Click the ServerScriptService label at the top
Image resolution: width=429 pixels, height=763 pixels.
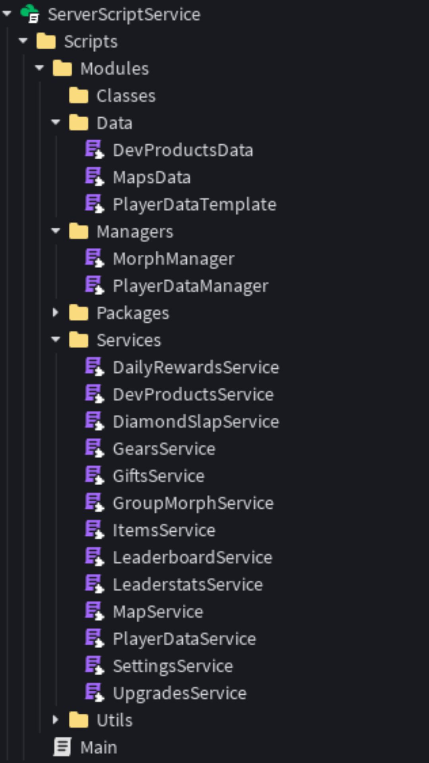coord(124,15)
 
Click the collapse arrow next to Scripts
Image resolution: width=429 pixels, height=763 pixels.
coord(23,41)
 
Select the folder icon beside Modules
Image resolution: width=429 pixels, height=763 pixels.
coord(62,68)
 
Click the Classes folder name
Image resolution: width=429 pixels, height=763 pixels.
coord(126,96)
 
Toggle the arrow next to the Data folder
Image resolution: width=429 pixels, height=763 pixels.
coord(56,122)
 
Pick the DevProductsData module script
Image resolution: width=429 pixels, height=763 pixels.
coord(183,150)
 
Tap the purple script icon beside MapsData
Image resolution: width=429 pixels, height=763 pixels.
coord(94,177)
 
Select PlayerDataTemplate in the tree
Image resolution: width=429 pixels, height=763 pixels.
coord(194,205)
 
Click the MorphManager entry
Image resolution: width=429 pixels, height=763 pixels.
coord(174,259)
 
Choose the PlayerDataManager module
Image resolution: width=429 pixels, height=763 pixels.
coord(191,286)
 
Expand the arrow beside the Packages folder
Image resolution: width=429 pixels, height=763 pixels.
coord(56,313)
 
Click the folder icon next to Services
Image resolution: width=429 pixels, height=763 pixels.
coord(79,340)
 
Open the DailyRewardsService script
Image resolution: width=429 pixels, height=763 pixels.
coord(196,368)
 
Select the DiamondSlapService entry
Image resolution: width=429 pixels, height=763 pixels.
coord(196,422)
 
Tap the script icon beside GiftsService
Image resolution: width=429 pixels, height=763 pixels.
coord(94,476)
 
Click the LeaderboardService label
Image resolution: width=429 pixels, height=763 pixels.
coord(193,558)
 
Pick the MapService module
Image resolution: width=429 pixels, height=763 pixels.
coord(158,612)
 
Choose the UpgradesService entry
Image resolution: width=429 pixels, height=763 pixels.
coord(180,693)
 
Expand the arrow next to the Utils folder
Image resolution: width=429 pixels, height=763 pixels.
coord(56,720)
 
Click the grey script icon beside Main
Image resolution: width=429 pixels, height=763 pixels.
coord(62,747)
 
